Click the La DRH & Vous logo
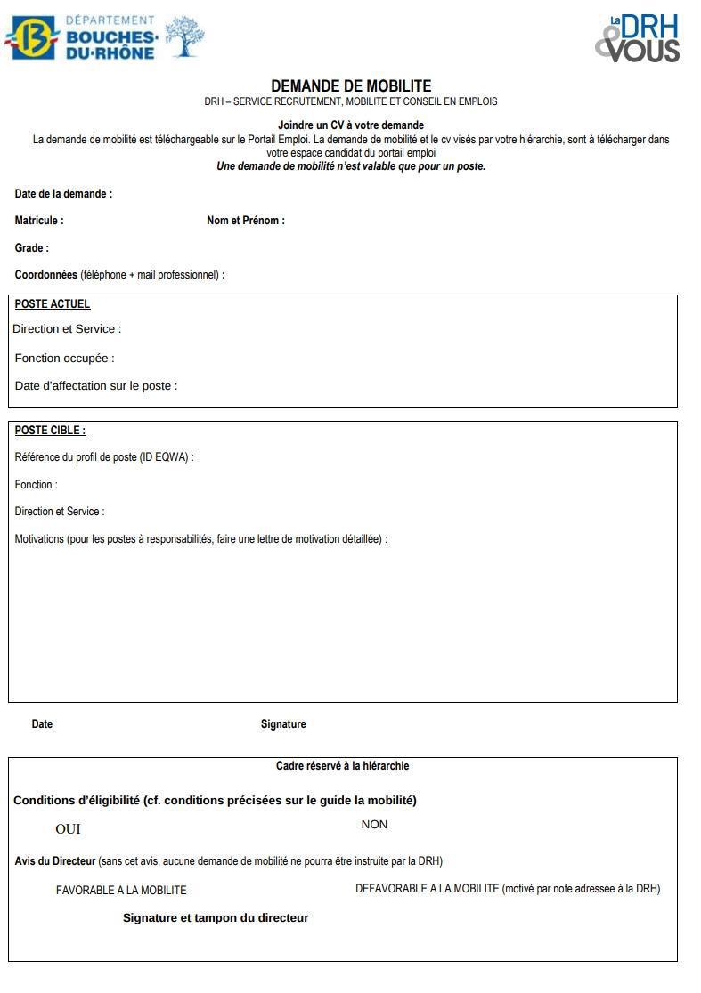(x=638, y=38)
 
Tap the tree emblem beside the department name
(x=184, y=36)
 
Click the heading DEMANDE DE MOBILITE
(x=351, y=86)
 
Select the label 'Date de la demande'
(x=63, y=194)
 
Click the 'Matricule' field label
(x=39, y=221)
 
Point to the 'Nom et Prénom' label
(x=246, y=221)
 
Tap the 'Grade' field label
(x=32, y=248)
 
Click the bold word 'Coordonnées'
(x=46, y=275)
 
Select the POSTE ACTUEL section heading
(x=53, y=304)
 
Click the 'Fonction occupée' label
(x=65, y=359)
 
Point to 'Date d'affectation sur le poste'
(x=96, y=386)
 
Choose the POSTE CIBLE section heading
(x=50, y=431)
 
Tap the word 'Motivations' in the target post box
(x=39, y=539)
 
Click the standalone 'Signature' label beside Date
(x=283, y=724)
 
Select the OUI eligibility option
(x=68, y=829)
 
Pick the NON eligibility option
(x=374, y=825)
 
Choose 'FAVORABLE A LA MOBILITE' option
(x=121, y=890)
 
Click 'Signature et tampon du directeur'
(x=216, y=918)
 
